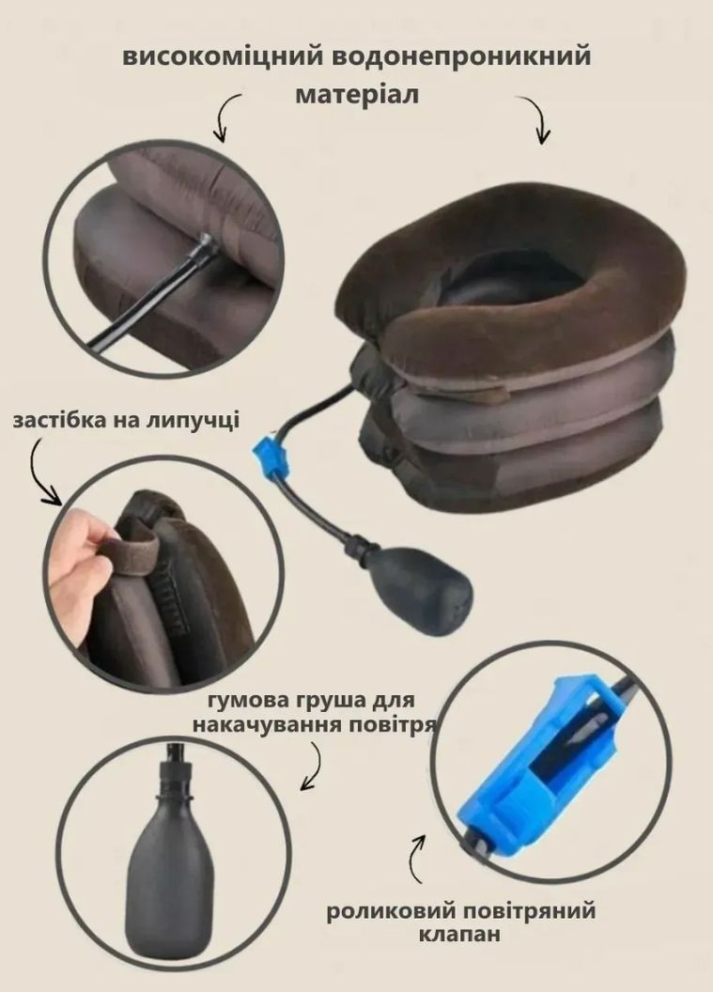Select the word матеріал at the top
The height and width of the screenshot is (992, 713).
pyautogui.click(x=357, y=95)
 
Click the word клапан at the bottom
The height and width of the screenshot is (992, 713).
pyautogui.click(x=459, y=934)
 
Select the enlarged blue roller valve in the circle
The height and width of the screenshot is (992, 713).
pyautogui.click(x=534, y=759)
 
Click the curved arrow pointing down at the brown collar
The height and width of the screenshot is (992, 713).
pyautogui.click(x=535, y=119)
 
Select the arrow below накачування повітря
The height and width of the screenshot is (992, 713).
pyautogui.click(x=313, y=766)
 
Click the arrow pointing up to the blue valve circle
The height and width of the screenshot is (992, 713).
pyautogui.click(x=418, y=859)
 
